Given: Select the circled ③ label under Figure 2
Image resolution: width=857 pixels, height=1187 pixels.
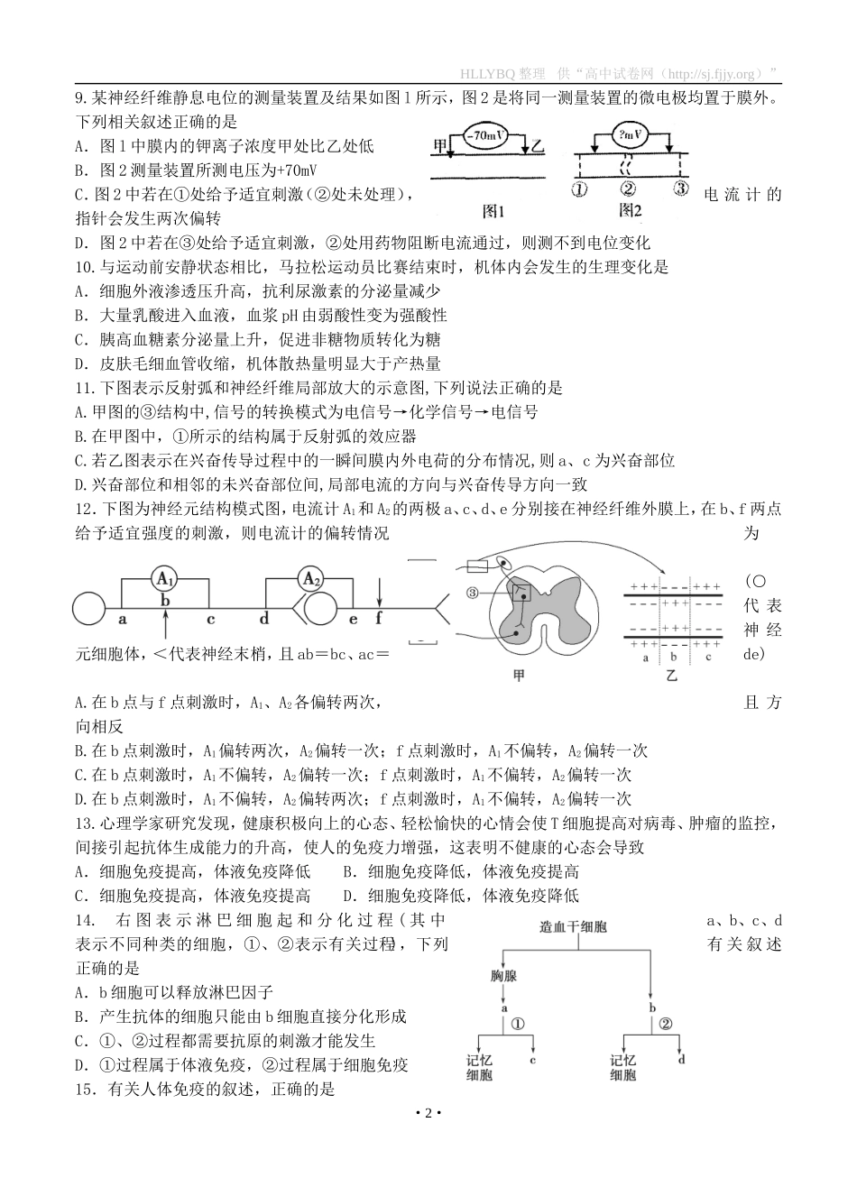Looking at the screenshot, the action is click(x=681, y=189).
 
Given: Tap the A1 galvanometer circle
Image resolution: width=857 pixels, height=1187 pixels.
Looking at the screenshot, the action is click(x=164, y=578).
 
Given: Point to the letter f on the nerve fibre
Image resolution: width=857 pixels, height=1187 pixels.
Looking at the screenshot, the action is click(x=379, y=618).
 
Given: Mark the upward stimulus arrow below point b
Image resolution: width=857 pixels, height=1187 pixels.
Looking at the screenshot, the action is click(x=164, y=625).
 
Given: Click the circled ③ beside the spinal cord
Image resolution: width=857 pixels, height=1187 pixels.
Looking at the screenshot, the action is click(x=472, y=592).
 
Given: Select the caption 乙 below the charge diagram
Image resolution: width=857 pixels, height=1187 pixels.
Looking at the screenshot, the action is click(x=671, y=675).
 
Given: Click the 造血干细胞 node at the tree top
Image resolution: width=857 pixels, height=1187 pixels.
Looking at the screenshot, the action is click(x=573, y=926).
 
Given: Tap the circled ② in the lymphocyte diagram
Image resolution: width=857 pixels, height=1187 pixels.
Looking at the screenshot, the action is click(x=667, y=1024).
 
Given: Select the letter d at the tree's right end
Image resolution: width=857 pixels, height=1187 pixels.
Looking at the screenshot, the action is click(x=681, y=1059).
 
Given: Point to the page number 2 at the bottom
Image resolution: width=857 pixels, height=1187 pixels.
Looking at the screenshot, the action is click(x=428, y=1114).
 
